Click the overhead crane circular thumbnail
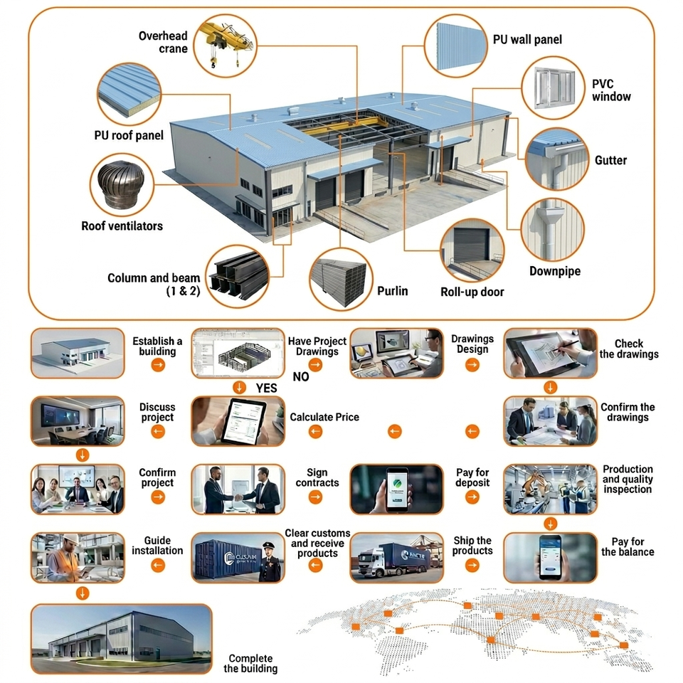[226, 46]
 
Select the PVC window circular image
[554, 88]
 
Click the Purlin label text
[393, 291]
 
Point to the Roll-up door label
[472, 292]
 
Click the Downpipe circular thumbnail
[553, 231]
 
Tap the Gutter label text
[610, 160]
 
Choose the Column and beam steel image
[238, 276]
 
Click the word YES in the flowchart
[266, 388]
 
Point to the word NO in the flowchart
[300, 377]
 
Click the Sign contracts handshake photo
[238, 489]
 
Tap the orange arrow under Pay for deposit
[472, 497]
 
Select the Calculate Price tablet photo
[238, 421]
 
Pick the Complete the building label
[250, 663]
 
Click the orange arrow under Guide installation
[158, 566]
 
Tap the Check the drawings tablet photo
[550, 354]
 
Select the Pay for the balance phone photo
[550, 558]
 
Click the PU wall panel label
[527, 40]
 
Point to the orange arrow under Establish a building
[158, 365]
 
